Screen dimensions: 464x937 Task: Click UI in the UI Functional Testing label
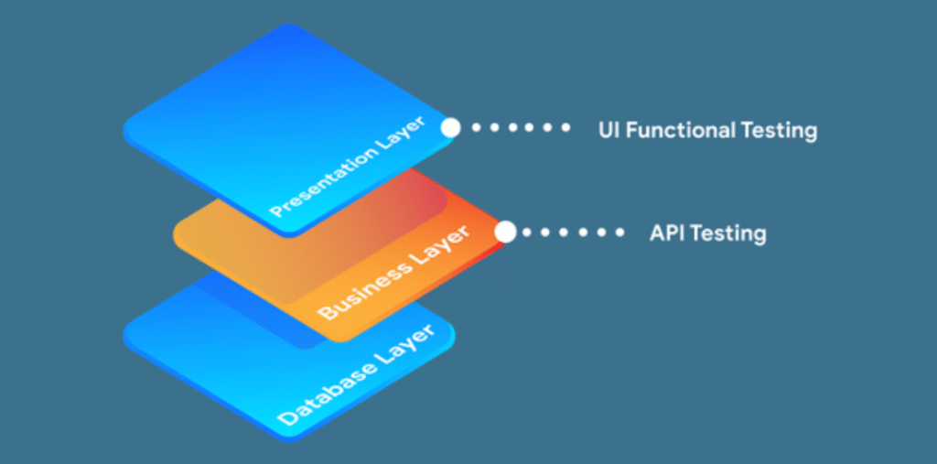(x=608, y=129)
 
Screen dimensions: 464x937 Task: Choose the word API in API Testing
(x=666, y=233)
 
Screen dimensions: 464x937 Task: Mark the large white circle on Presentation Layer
(x=450, y=127)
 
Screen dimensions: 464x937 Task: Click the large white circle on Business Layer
(x=505, y=232)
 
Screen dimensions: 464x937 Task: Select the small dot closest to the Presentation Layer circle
(x=476, y=128)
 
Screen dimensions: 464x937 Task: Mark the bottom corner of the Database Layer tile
(x=290, y=442)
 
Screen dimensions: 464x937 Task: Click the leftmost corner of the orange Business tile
(x=175, y=236)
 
